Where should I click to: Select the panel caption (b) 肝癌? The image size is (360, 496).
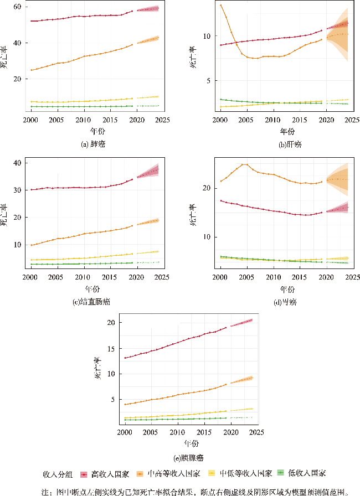coord(287,145)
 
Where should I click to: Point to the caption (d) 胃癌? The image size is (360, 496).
coord(287,302)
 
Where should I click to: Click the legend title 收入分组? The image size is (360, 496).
coord(58,474)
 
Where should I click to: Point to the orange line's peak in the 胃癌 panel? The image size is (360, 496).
coord(245,164)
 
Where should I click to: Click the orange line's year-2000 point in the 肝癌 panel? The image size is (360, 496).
coord(220,6)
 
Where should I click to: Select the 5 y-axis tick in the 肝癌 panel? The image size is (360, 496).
coord(208,81)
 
